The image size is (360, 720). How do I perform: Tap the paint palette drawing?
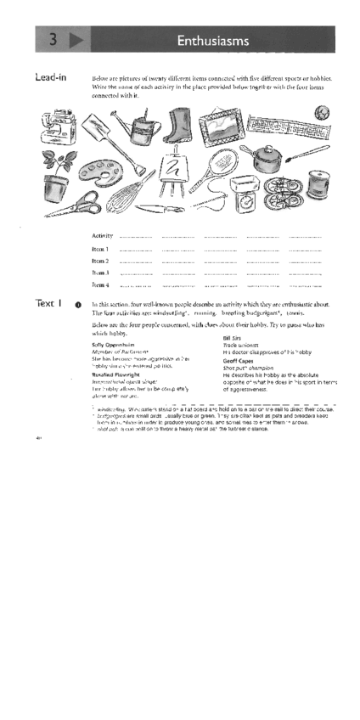coord(103,174)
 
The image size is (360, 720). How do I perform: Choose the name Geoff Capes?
coord(239,361)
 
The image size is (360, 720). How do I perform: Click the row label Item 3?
coord(101,273)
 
